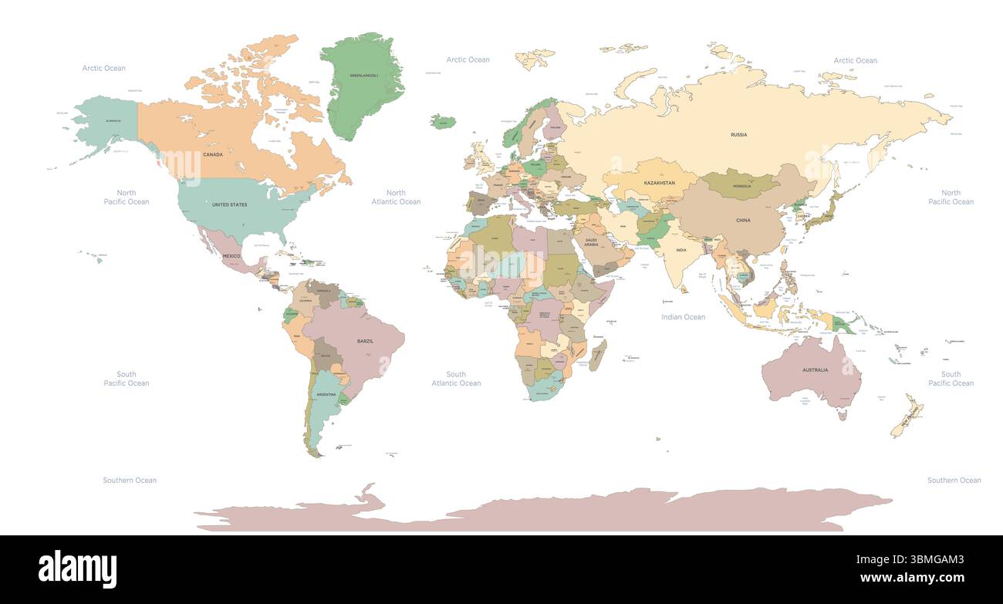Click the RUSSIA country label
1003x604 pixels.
[738, 135]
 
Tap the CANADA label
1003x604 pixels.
[213, 154]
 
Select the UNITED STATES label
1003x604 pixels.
[230, 204]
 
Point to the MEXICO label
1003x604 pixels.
[231, 255]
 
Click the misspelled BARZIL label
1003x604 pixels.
[365, 341]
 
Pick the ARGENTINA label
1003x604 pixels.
[326, 394]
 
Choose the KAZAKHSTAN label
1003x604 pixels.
[660, 183]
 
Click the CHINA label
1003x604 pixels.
[743, 221]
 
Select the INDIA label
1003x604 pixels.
[681, 250]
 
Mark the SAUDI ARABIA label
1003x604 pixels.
[592, 241]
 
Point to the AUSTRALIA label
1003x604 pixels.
[815, 370]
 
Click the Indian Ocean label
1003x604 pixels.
[683, 317]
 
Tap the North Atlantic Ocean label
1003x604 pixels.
[396, 197]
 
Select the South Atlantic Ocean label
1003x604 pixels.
[456, 379]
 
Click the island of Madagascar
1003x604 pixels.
[597, 356]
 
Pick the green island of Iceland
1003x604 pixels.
[443, 121]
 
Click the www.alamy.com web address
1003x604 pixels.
[911, 578]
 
